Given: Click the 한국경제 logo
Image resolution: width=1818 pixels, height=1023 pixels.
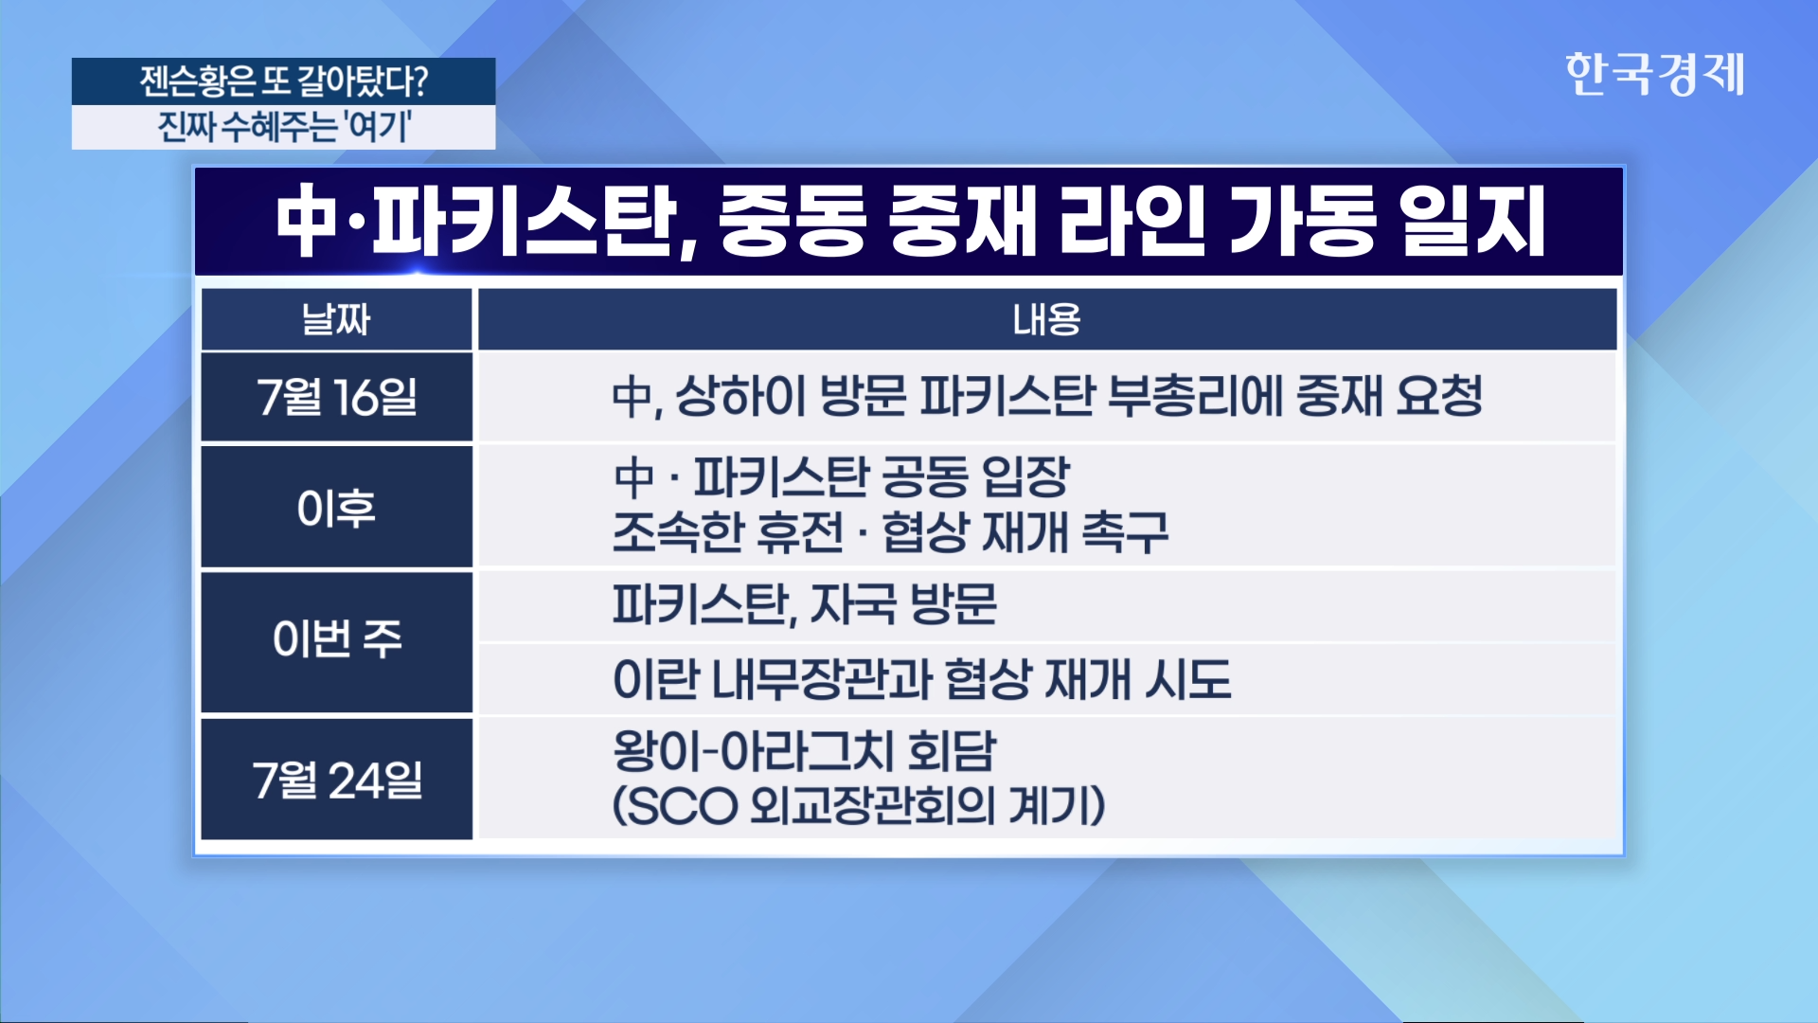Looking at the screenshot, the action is tap(1654, 74).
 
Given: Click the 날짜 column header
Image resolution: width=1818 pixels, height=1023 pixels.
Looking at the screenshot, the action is tap(336, 319).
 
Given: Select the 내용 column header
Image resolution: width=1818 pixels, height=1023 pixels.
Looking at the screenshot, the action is tap(1047, 319).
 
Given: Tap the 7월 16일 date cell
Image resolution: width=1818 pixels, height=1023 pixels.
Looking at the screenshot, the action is tap(336, 397).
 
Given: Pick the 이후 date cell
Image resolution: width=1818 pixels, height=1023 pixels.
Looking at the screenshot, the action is tap(336, 508).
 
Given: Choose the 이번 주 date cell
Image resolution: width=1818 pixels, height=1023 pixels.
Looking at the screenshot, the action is tap(336, 639).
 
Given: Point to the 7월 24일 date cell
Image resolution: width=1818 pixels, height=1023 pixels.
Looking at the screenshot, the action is tap(336, 780).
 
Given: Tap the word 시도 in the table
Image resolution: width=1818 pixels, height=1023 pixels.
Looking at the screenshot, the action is tap(1188, 679).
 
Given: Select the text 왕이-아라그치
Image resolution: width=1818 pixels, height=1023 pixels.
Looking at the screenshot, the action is tap(753, 752).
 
